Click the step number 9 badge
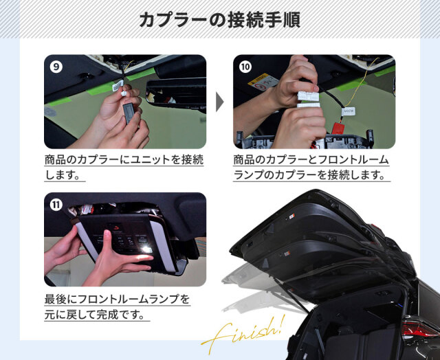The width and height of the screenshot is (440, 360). [x=56, y=67]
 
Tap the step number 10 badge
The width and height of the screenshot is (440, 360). [x=245, y=67]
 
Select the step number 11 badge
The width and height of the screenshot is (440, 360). [x=56, y=205]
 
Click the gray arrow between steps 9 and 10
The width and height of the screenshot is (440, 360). [x=219, y=102]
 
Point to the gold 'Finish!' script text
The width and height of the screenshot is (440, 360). [x=243, y=334]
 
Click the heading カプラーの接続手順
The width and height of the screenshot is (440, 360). [x=220, y=20]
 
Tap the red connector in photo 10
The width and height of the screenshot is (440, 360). [x=338, y=128]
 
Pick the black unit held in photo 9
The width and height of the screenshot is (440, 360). [x=131, y=112]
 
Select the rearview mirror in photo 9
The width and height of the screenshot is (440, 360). [x=176, y=91]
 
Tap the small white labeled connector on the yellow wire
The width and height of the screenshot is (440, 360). [x=349, y=111]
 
